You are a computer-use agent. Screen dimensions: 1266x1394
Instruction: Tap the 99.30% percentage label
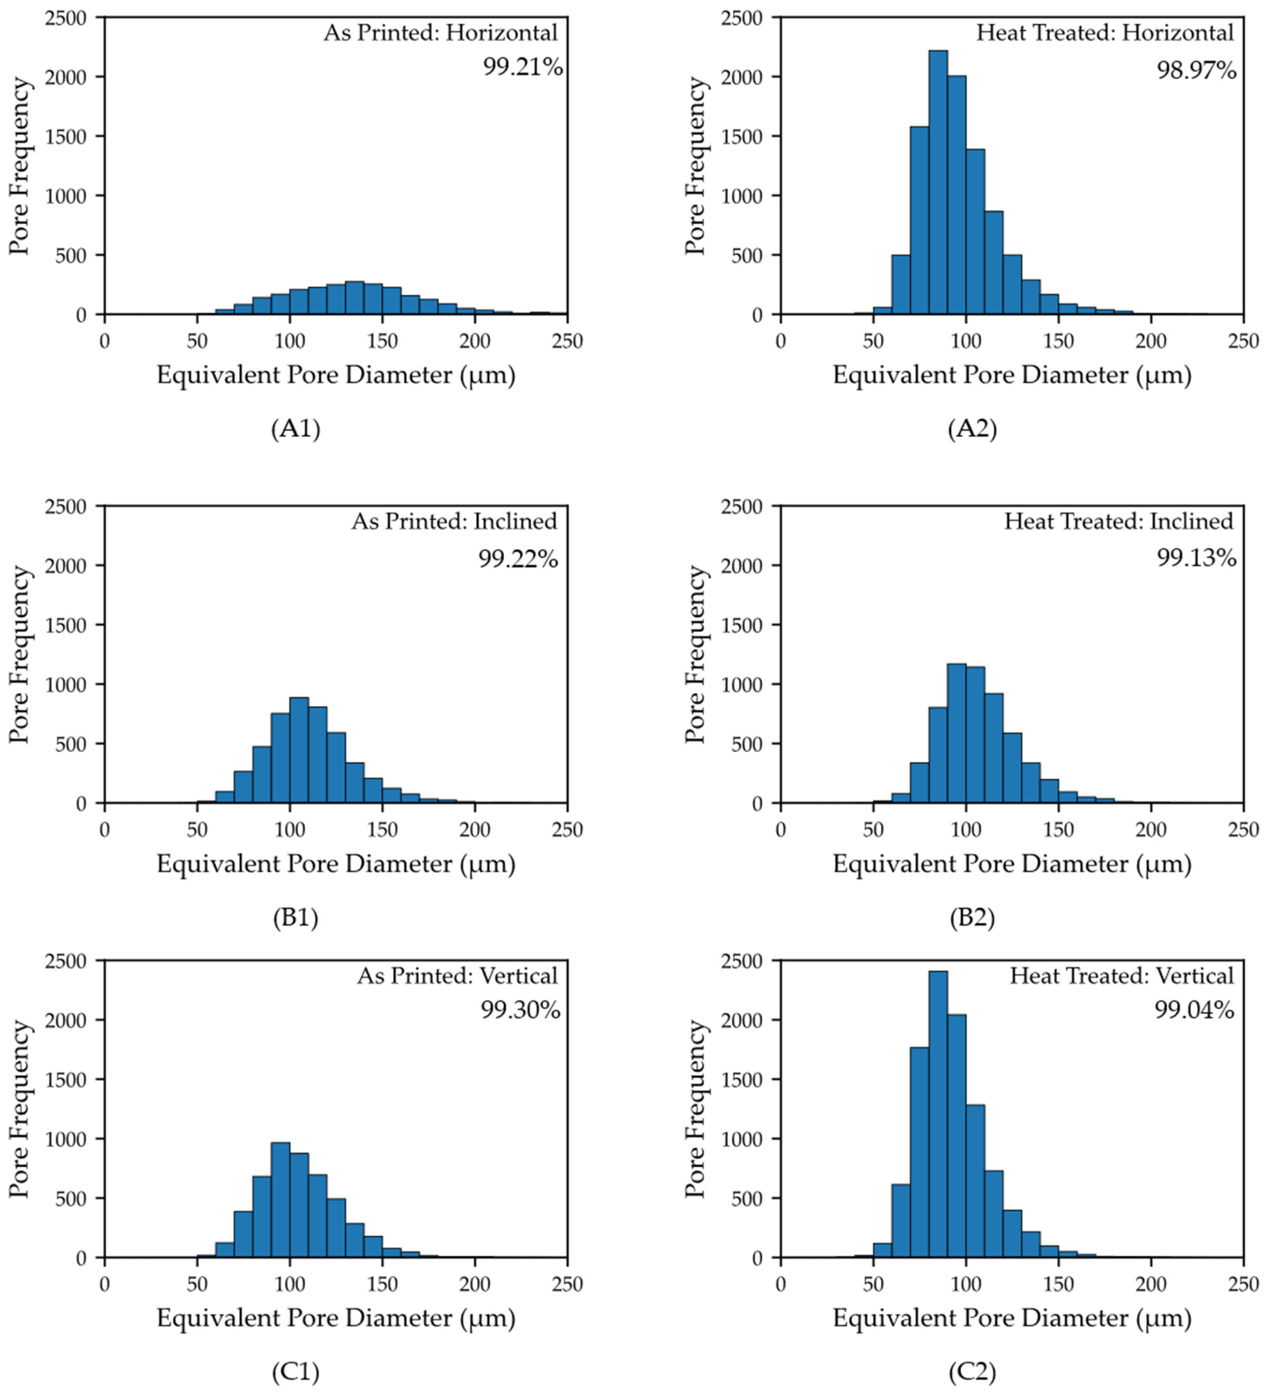click(520, 1011)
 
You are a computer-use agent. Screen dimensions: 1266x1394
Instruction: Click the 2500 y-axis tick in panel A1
click(68, 18)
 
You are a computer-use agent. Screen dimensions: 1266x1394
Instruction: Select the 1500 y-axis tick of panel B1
click(68, 625)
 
